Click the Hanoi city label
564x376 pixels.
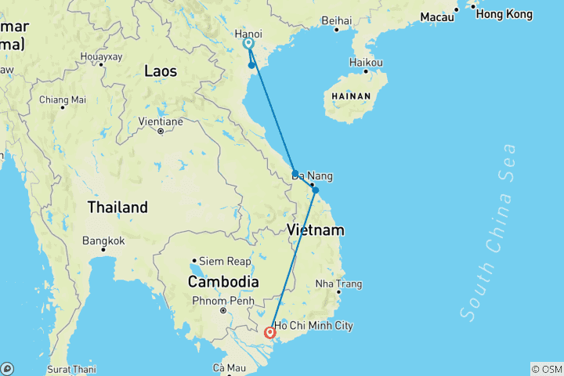[x=248, y=34]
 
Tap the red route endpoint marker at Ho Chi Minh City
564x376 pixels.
[x=270, y=333]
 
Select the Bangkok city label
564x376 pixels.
[x=103, y=240]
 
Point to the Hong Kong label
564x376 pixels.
[x=504, y=14]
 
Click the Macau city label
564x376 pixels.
[x=436, y=16]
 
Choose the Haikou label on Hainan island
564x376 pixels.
[x=367, y=62]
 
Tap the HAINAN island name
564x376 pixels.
[x=352, y=96]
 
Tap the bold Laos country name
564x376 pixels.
[x=161, y=71]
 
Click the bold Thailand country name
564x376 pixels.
[x=117, y=208]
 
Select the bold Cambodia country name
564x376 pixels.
[x=223, y=281]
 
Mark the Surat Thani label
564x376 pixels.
[x=70, y=368]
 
